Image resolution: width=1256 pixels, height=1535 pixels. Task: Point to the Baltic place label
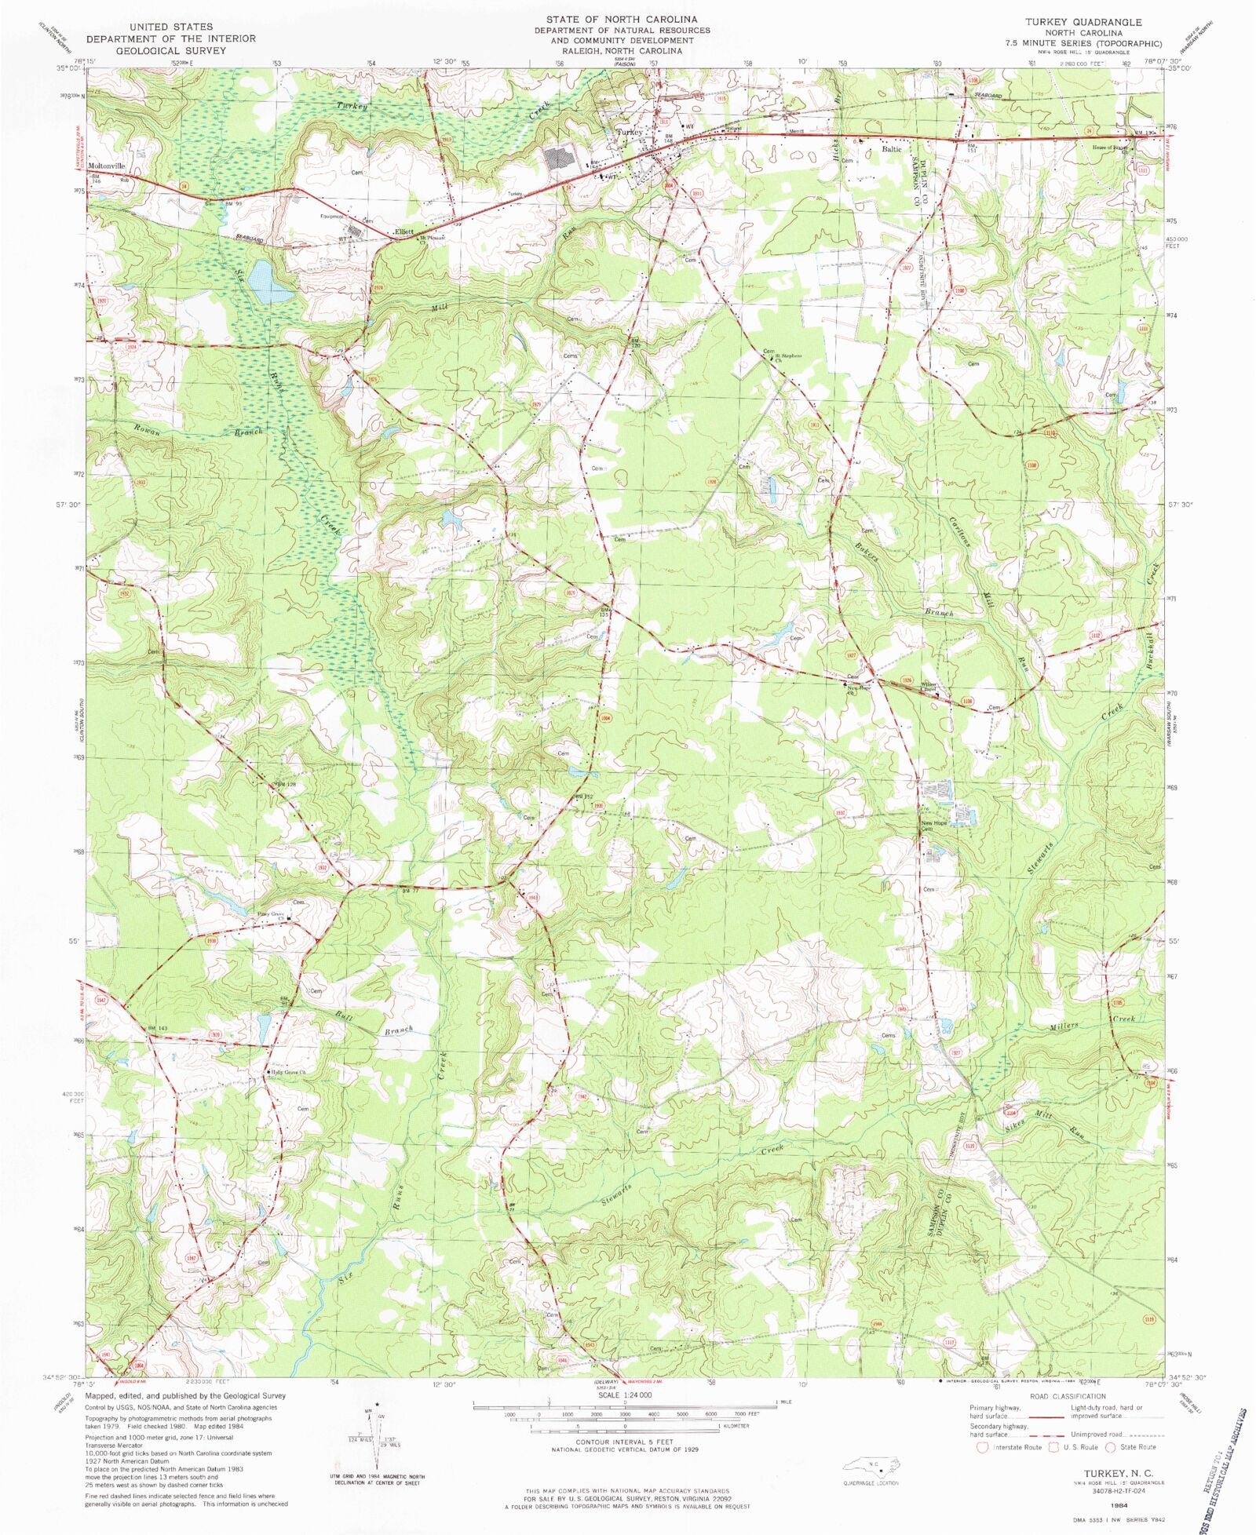click(892, 148)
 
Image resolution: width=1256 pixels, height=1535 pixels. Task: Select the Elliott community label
click(404, 232)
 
